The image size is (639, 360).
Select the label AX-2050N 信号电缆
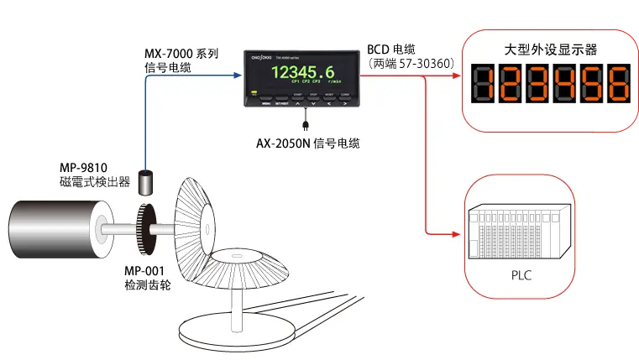pyautogui.click(x=307, y=143)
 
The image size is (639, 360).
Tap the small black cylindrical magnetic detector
pyautogui.click(x=148, y=182)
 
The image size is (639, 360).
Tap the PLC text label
pyautogui.click(x=521, y=274)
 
